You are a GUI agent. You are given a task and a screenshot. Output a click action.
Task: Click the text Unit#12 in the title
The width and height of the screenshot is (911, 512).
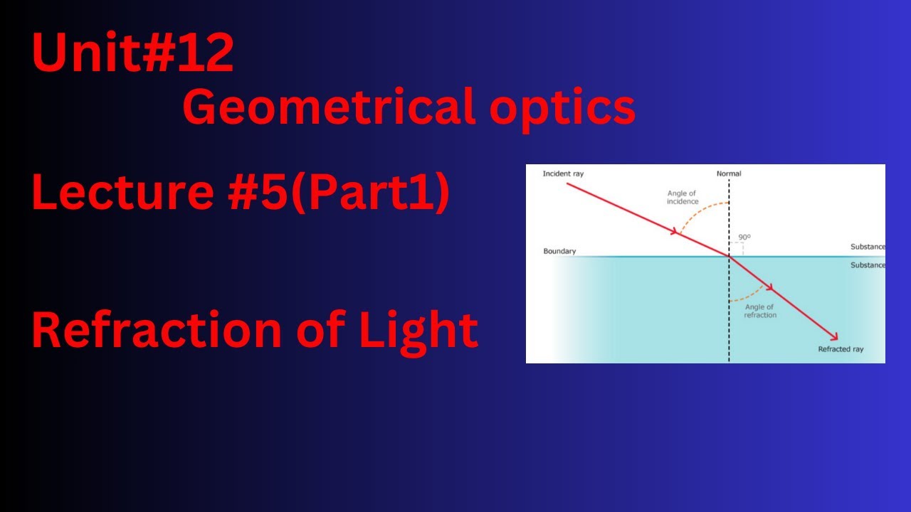(132, 55)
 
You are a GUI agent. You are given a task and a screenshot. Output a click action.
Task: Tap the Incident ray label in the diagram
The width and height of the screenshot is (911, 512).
(562, 174)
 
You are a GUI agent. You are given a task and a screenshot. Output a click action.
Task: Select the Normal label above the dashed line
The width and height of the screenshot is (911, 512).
(729, 174)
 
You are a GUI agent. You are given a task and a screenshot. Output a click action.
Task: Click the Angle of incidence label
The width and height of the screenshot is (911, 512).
(683, 197)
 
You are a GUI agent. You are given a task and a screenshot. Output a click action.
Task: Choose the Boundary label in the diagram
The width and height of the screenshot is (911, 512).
(559, 251)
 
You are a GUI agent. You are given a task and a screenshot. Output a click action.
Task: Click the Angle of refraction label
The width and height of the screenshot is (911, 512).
(760, 311)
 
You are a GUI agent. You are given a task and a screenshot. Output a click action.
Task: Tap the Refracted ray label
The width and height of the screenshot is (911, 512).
(841, 349)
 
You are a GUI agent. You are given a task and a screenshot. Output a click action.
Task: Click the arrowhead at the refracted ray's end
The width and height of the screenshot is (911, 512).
(833, 336)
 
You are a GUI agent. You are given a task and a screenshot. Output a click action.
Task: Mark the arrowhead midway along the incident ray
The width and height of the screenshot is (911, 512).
(673, 231)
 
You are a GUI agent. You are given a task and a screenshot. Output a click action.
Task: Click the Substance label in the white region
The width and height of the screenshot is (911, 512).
(868, 247)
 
